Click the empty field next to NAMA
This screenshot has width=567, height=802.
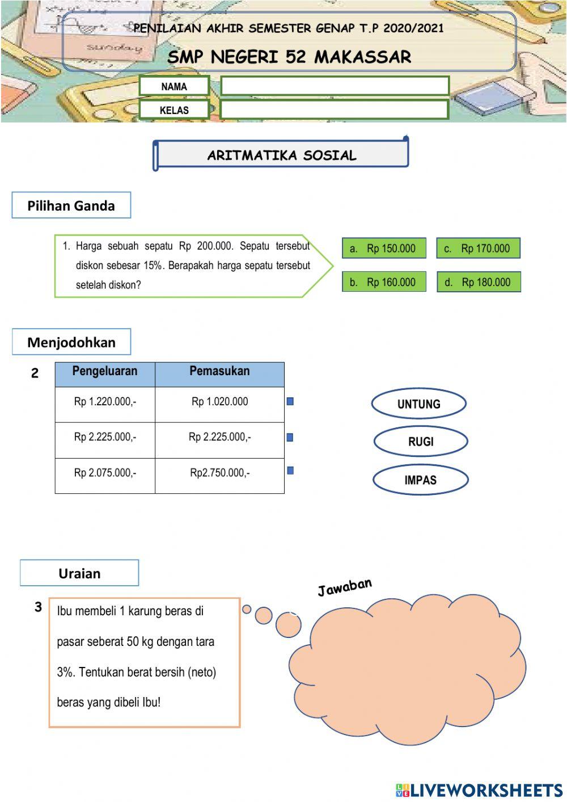[335, 86]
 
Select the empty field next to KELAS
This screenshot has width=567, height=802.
[335, 110]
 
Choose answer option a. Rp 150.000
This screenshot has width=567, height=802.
[384, 248]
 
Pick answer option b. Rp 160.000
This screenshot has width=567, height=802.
[384, 282]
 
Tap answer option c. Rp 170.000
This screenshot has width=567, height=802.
[478, 248]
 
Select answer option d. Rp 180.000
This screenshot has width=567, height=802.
[479, 282]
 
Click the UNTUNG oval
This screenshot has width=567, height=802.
[418, 404]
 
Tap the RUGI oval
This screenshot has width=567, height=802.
[421, 442]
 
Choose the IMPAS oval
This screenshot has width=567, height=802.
[420, 480]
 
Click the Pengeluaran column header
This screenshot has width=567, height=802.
[105, 372]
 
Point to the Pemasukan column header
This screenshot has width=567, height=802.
[219, 372]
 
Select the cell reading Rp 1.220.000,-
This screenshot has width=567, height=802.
[105, 402]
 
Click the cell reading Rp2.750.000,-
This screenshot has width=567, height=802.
[219, 473]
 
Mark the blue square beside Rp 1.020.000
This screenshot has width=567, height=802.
[290, 401]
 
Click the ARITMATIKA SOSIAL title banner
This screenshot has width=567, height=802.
[281, 155]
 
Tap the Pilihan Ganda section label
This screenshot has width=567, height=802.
[71, 205]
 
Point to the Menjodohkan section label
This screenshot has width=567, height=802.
[71, 342]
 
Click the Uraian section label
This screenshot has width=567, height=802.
[79, 573]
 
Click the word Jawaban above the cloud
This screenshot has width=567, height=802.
[345, 587]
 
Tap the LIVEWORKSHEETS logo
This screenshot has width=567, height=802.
[479, 790]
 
